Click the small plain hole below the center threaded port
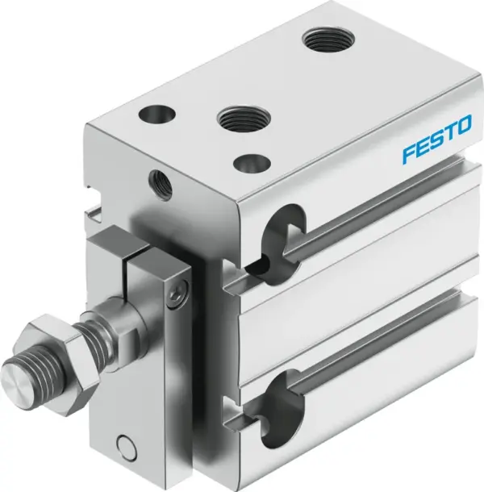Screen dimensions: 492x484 [247, 162]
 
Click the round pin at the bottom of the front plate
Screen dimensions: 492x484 [124, 444]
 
